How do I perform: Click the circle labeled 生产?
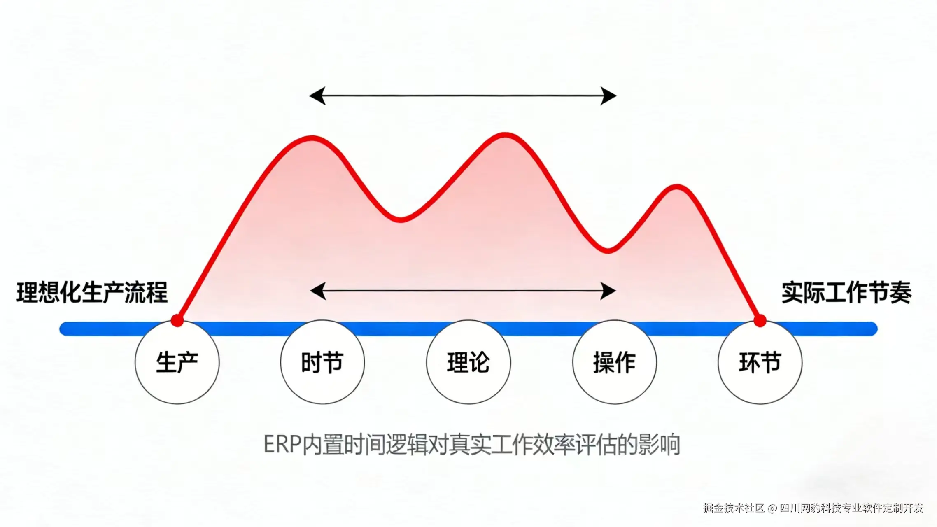(177, 362)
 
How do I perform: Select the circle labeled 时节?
(322, 362)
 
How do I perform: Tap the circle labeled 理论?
(468, 362)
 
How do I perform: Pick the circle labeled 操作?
(614, 362)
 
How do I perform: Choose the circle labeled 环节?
(760, 362)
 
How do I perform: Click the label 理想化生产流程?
(92, 293)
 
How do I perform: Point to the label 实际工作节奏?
(846, 293)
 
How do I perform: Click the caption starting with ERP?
(472, 445)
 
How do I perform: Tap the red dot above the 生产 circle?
(177, 320)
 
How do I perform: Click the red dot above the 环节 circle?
(760, 320)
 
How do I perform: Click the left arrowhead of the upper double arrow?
(317, 96)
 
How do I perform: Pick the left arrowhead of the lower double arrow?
(318, 291)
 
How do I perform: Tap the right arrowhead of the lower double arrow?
(608, 291)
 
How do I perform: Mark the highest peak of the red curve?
(505, 135)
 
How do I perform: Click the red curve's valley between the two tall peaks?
(400, 219)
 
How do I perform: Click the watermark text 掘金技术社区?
(734, 508)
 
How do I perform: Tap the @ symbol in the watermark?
(772, 508)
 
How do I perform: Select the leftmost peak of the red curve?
(312, 138)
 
